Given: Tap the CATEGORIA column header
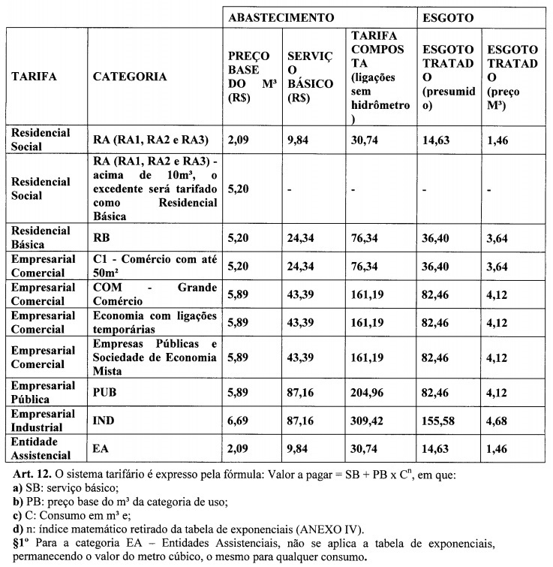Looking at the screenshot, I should coord(130,77).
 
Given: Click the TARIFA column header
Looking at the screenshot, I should coord(34,77).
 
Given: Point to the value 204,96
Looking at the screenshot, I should coord(370,392).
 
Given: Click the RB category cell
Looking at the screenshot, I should coord(103,237).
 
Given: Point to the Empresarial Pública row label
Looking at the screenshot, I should coord(43,391).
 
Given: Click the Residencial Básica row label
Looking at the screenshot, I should coord(41,237).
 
